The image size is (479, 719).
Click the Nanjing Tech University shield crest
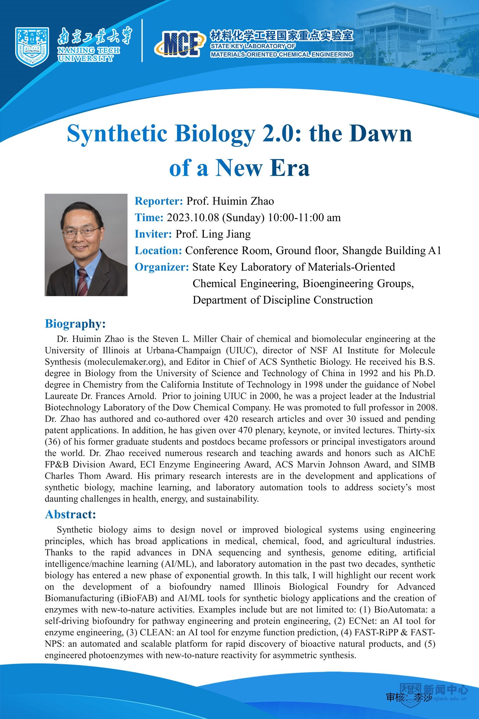(32, 47)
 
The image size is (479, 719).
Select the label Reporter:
(159, 201)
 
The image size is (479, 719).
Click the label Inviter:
(153, 234)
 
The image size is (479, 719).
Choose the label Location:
(158, 250)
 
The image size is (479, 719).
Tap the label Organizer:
(162, 267)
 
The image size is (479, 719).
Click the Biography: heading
(75, 324)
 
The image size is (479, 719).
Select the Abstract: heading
(70, 514)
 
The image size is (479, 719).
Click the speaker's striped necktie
(82, 282)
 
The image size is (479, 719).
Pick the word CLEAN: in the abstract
(156, 632)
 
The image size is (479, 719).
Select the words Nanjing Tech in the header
(89, 50)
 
